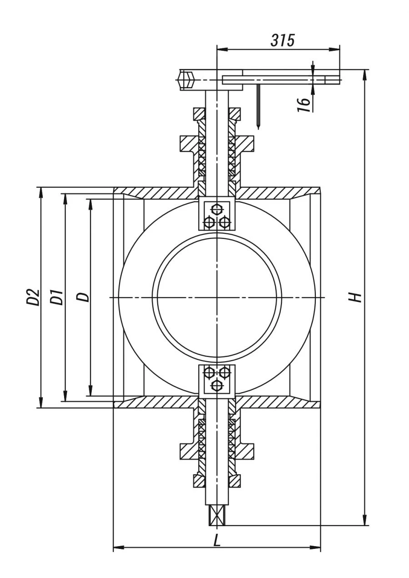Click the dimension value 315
pyautogui.click(x=282, y=40)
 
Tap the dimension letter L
pyautogui.click(x=217, y=540)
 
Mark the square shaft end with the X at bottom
pyautogui.click(x=217, y=515)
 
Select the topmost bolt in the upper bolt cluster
pyautogui.click(x=217, y=209)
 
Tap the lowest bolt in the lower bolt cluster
pyautogui.click(x=217, y=386)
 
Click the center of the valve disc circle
pyautogui.click(x=217, y=297)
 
